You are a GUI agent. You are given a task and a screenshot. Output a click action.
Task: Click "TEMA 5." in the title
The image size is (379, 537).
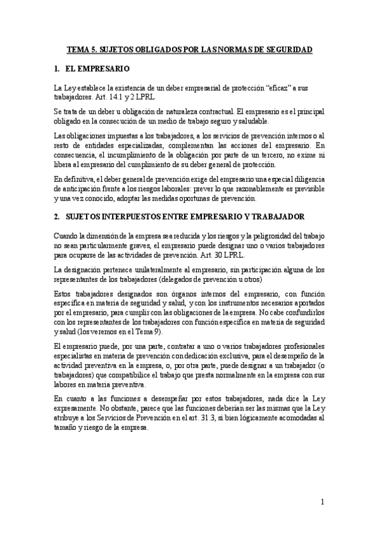[x=82, y=48]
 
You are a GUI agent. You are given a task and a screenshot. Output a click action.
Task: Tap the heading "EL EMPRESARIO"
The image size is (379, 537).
[x=97, y=68]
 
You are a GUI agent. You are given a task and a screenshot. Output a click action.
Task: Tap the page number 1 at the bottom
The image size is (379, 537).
[x=323, y=502]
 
